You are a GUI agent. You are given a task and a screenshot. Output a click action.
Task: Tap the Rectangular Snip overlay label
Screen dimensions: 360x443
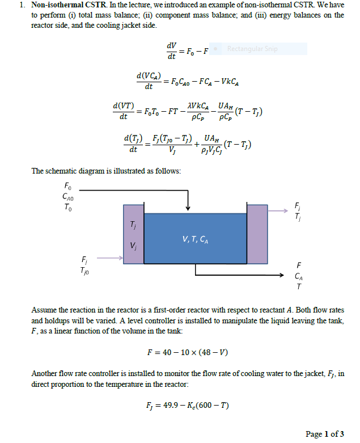(x=252, y=49)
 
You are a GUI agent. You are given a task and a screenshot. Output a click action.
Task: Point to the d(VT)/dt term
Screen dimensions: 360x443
(x=124, y=111)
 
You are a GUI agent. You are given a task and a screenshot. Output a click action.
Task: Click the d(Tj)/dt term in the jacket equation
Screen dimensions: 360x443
(x=134, y=144)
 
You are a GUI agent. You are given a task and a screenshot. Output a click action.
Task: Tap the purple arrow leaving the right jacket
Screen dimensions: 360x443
(x=278, y=210)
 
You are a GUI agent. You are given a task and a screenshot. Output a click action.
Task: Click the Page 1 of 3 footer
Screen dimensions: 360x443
(x=324, y=434)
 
